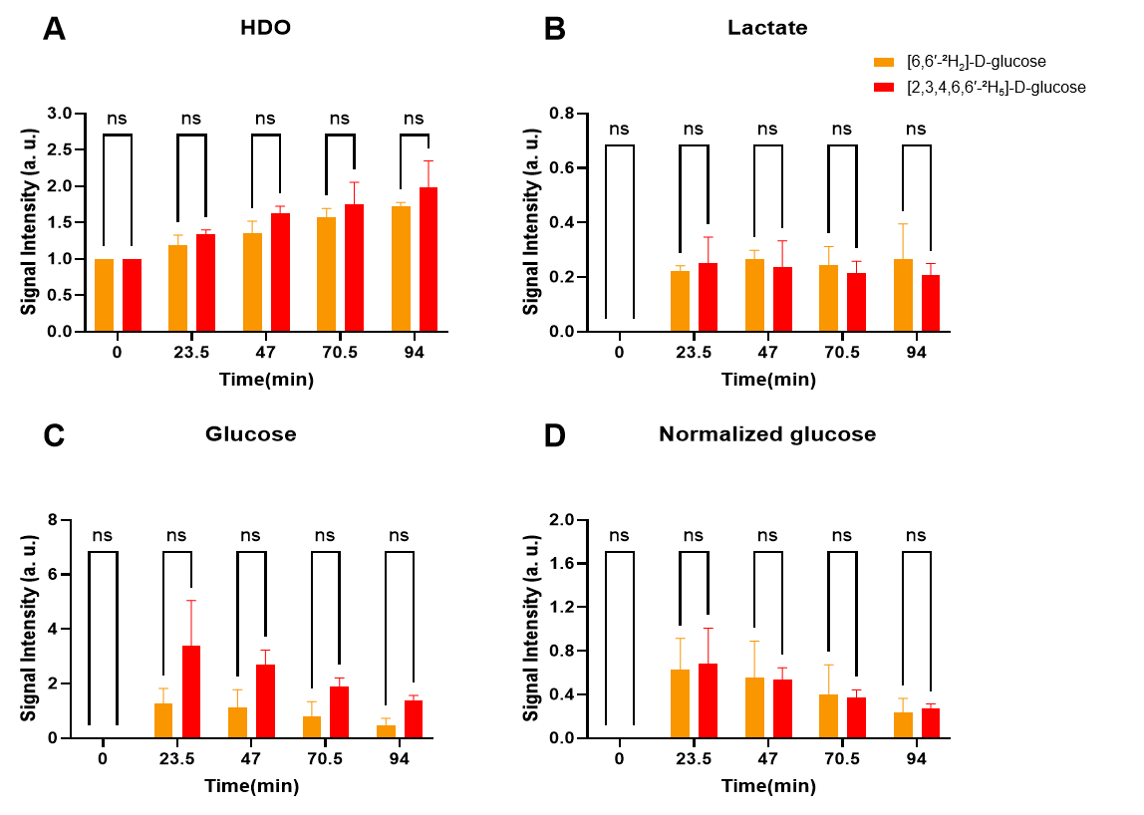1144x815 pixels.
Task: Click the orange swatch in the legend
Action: click(883, 62)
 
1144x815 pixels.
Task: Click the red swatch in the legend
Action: click(883, 88)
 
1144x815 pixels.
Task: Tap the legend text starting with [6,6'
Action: click(967, 62)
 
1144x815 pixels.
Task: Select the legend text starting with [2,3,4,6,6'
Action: click(967, 88)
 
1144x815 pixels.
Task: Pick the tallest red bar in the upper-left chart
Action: click(429, 259)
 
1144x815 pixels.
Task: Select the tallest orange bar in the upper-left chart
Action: click(401, 268)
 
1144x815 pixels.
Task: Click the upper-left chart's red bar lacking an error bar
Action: click(132, 295)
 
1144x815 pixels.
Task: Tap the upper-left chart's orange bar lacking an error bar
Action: click(104, 295)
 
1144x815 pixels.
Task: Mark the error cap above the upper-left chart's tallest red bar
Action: click(429, 161)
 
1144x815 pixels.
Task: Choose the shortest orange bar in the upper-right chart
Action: click(680, 301)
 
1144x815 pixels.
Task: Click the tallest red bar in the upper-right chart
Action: click(708, 297)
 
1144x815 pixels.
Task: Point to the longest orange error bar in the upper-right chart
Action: click(903, 241)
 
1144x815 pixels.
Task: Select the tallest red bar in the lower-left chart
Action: click(191, 691)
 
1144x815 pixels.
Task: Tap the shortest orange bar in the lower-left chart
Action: click(386, 731)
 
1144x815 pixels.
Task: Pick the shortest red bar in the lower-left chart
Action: click(414, 719)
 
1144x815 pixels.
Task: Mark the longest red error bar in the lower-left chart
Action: click(191, 623)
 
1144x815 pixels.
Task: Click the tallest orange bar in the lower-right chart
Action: click(680, 703)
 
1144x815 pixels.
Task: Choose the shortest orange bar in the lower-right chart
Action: click(903, 725)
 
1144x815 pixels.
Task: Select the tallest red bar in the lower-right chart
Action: click(708, 700)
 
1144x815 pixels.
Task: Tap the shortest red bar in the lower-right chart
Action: click(931, 723)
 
